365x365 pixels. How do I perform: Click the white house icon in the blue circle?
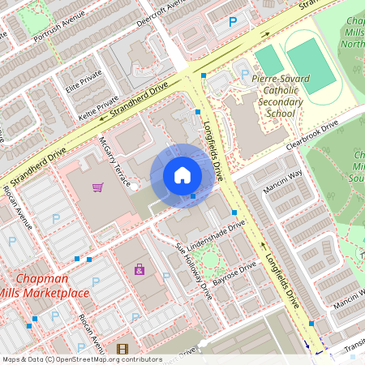coord(182,174)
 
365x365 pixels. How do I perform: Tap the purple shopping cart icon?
coord(98,188)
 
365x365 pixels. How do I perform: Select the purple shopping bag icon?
coord(139,269)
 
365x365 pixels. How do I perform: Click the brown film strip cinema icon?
coord(122,350)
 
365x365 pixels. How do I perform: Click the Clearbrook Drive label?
coord(311,136)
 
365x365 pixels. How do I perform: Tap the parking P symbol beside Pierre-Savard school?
coord(244,75)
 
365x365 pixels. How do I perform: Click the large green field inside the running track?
coord(310,65)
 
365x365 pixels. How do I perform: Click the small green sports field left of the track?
coord(269,58)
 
